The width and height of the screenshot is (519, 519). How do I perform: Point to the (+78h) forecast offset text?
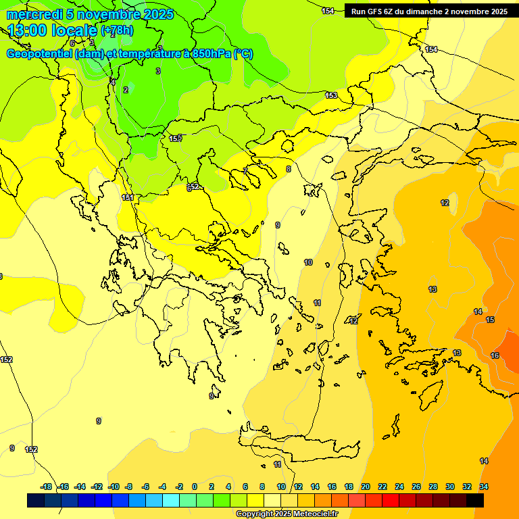(x=117, y=30)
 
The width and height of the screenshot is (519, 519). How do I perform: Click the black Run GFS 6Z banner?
(x=429, y=11)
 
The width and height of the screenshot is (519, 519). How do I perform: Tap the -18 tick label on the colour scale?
(x=46, y=487)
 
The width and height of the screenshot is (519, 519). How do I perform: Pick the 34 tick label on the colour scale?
(x=483, y=487)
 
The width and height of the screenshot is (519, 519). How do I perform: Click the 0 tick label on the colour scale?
(x=195, y=487)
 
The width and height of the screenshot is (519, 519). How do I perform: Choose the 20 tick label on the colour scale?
(x=366, y=487)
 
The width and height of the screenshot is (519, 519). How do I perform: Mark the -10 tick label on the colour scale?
(x=114, y=487)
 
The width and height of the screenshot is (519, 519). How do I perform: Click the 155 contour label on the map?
(x=175, y=139)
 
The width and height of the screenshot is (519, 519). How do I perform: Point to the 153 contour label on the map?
(x=331, y=95)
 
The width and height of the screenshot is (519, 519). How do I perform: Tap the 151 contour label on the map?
(x=127, y=197)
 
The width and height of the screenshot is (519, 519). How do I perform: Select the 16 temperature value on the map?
(x=495, y=355)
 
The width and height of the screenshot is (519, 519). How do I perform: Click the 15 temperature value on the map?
(x=490, y=320)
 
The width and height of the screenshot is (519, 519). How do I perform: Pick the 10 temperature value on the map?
(x=308, y=262)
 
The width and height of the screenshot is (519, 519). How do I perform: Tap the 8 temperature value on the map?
(x=289, y=169)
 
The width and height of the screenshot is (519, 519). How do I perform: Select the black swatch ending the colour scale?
(x=475, y=500)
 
